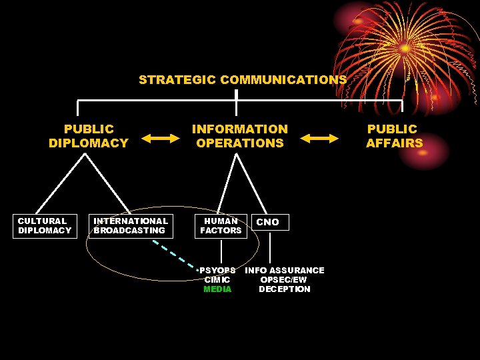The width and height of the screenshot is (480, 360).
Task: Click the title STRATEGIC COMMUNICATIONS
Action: [x=243, y=80]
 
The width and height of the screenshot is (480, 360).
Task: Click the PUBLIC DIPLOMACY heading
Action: [x=89, y=136]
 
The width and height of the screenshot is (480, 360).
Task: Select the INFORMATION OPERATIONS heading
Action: [x=240, y=136]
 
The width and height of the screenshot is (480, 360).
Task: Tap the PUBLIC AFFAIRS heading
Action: [x=394, y=136]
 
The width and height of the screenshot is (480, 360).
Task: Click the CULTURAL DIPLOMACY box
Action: [x=45, y=226]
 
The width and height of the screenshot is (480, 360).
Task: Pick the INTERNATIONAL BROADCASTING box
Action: [x=131, y=226]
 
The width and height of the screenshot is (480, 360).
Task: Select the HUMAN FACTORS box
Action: [x=221, y=226]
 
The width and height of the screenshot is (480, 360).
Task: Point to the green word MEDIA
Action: [x=217, y=289]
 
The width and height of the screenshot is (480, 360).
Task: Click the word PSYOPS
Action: [x=217, y=271]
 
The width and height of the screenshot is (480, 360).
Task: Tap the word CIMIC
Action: [x=217, y=280]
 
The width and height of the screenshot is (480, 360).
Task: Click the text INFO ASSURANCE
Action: [x=285, y=271]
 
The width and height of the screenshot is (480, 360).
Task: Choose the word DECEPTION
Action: [x=285, y=289]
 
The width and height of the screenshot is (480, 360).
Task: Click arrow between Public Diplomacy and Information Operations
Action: [x=161, y=138]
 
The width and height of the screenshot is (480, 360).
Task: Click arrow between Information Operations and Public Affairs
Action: [x=319, y=138]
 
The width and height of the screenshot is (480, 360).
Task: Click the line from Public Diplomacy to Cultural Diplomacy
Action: [x=60, y=185]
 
